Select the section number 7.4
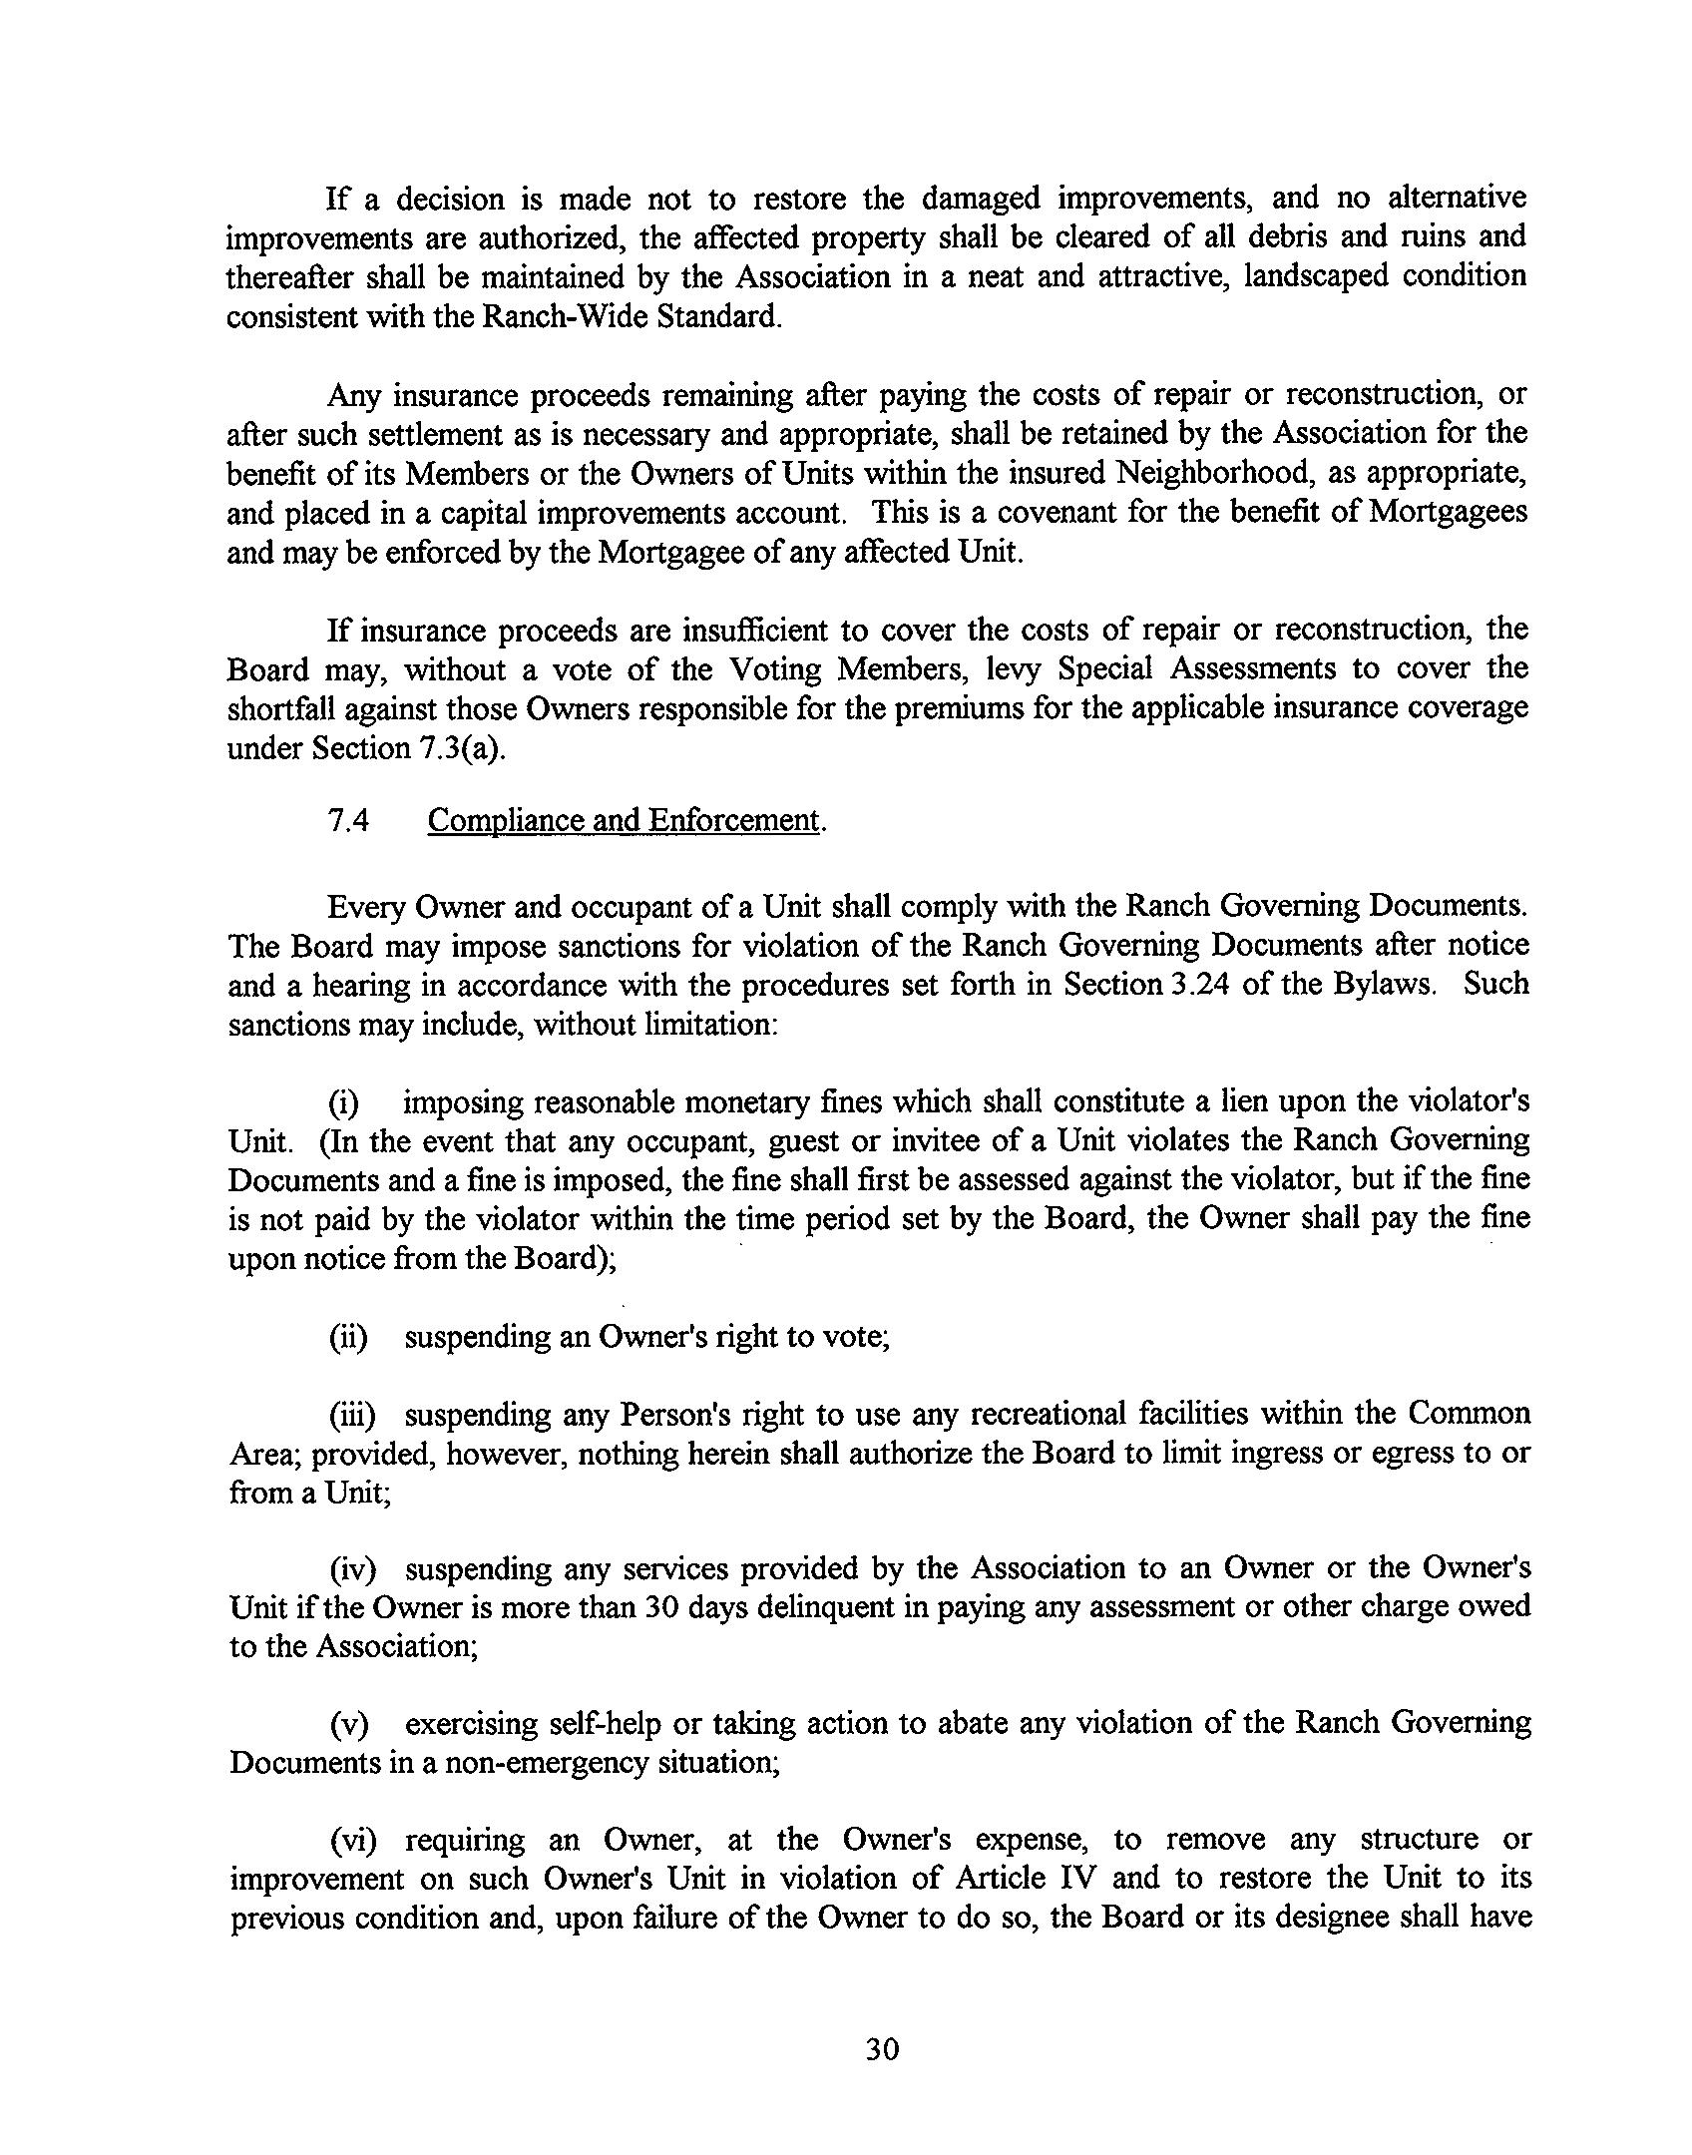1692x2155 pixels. click(x=348, y=820)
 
